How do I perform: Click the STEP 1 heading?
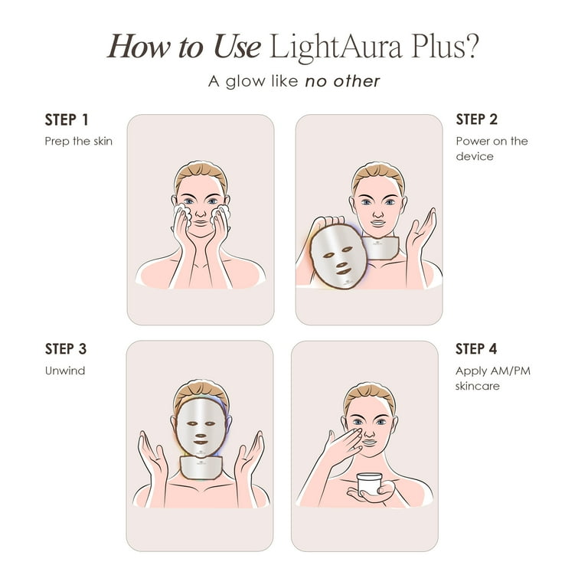[x=67, y=119]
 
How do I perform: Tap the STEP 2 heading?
[x=476, y=119]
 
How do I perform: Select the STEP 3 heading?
[x=67, y=349]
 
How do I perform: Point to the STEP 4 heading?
[x=476, y=349]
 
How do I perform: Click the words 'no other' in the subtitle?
[x=342, y=81]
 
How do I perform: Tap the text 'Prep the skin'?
[x=78, y=142]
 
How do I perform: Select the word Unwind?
[x=65, y=371]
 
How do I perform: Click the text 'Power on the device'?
[x=492, y=149]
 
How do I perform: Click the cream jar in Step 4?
[x=369, y=482]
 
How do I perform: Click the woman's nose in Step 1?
[x=201, y=211]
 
